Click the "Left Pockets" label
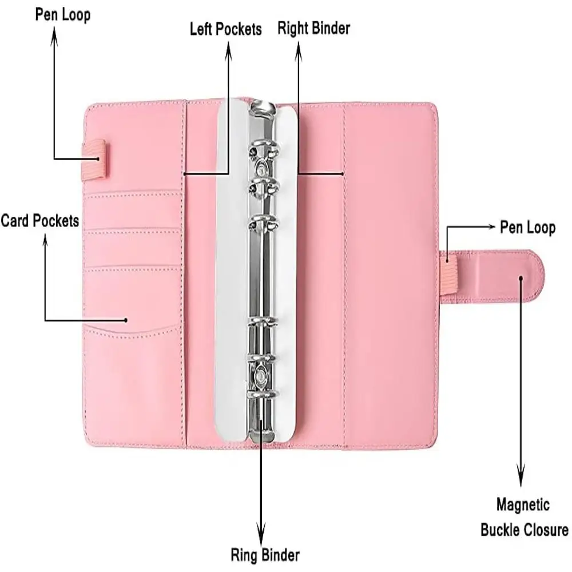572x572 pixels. pos(226,29)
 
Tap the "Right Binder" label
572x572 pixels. pos(313,27)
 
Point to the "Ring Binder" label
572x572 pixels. pos(265,554)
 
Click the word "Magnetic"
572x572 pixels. pos(523,505)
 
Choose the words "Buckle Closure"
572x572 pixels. pos(524,529)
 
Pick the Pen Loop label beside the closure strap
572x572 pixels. pos(527,228)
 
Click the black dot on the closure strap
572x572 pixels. pos(521,278)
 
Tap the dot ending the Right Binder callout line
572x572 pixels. pos(343,173)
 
